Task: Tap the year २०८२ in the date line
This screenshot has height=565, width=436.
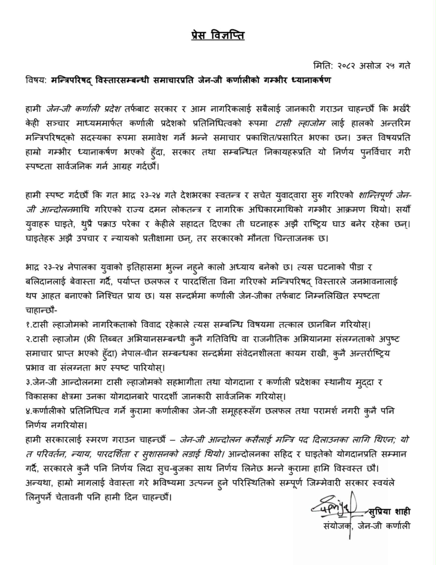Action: [x=345, y=66]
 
